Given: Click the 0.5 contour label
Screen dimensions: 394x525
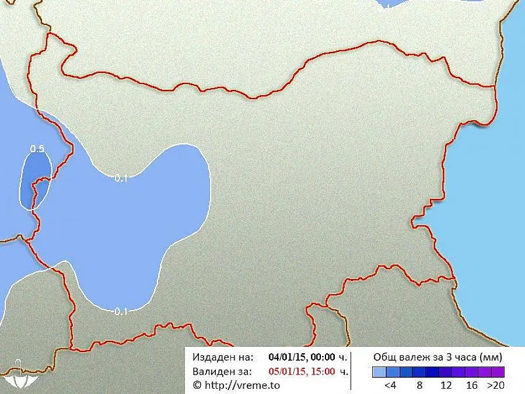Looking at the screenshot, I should pyautogui.click(x=37, y=149).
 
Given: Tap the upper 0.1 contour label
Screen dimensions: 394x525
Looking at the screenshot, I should pyautogui.click(x=121, y=178).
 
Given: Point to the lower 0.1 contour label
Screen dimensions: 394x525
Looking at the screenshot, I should pyautogui.click(x=121, y=311).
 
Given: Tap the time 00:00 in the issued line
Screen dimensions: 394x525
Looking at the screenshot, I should pyautogui.click(x=323, y=357).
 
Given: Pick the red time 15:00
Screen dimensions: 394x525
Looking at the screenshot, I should pyautogui.click(x=323, y=371).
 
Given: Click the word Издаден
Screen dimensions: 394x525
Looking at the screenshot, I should pyautogui.click(x=215, y=357).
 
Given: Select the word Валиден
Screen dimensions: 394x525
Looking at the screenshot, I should pyautogui.click(x=215, y=371).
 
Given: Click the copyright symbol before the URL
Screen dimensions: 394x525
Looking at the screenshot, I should pyautogui.click(x=197, y=385).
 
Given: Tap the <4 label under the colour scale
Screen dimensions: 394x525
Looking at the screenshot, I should pyautogui.click(x=390, y=385).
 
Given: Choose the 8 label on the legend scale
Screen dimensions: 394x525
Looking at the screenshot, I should pyautogui.click(x=419, y=385).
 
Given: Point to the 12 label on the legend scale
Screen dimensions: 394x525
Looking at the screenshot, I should pyautogui.click(x=446, y=385).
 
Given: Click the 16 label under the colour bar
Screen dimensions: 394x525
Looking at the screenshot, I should pyautogui.click(x=472, y=385).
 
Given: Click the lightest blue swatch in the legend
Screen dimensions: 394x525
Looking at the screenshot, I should pyautogui.click(x=379, y=372).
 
